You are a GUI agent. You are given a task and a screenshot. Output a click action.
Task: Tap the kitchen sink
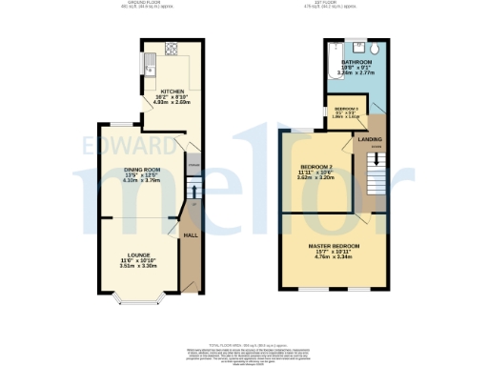click(x=151, y=65)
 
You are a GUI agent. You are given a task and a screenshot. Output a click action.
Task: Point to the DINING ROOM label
click(x=141, y=171)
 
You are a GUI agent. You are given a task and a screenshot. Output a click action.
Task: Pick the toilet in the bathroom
click(x=375, y=49)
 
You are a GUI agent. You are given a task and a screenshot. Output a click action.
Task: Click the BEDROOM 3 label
click(x=346, y=110)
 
